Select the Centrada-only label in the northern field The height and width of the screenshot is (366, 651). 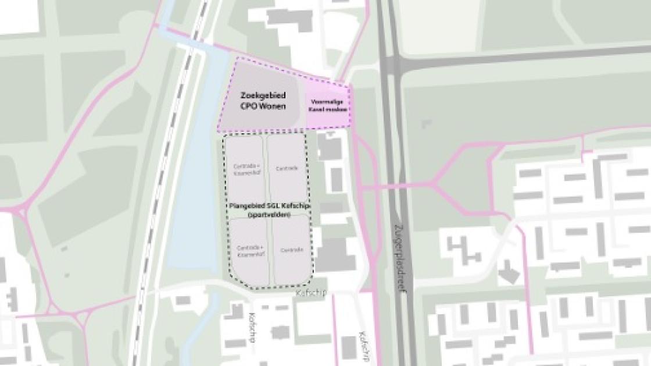pyautogui.click(x=287, y=169)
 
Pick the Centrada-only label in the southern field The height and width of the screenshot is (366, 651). pyautogui.click(x=291, y=250)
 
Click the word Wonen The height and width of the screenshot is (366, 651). pyautogui.click(x=273, y=106)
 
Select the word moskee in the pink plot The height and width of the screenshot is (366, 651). pyautogui.click(x=337, y=109)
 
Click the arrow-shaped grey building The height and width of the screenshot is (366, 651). pyautogui.click(x=507, y=272)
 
